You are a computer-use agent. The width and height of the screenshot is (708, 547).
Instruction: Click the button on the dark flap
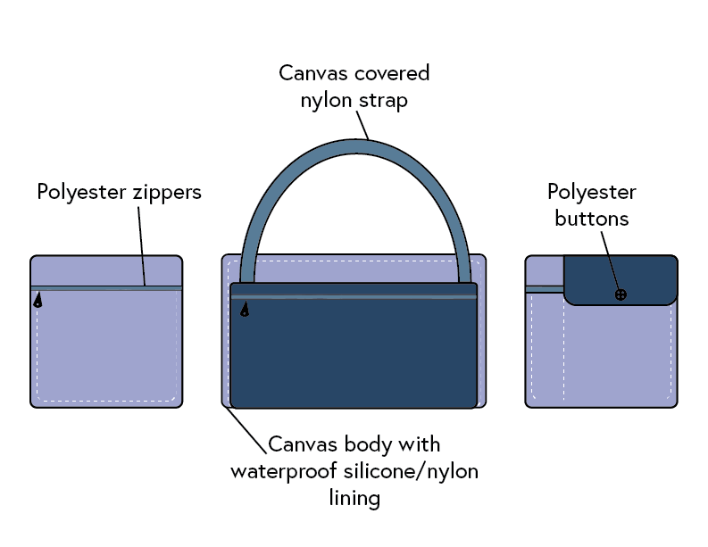[621, 294]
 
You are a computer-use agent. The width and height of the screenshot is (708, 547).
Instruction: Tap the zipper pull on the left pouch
[37, 302]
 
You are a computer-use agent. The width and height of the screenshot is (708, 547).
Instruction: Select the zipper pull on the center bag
[245, 310]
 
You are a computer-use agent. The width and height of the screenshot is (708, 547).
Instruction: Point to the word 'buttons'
[592, 218]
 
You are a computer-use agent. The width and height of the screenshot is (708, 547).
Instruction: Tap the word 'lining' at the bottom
[354, 497]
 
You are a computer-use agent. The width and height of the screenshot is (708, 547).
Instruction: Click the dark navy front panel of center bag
[354, 357]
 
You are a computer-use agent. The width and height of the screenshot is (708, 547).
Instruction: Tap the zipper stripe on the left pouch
[106, 287]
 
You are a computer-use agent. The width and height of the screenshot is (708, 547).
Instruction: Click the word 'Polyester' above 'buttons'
[592, 193]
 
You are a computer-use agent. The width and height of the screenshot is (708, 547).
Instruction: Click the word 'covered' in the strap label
[389, 73]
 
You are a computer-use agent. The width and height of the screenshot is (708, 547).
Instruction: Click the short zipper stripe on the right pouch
[544, 289]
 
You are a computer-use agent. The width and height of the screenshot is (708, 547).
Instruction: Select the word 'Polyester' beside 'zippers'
[79, 192]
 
